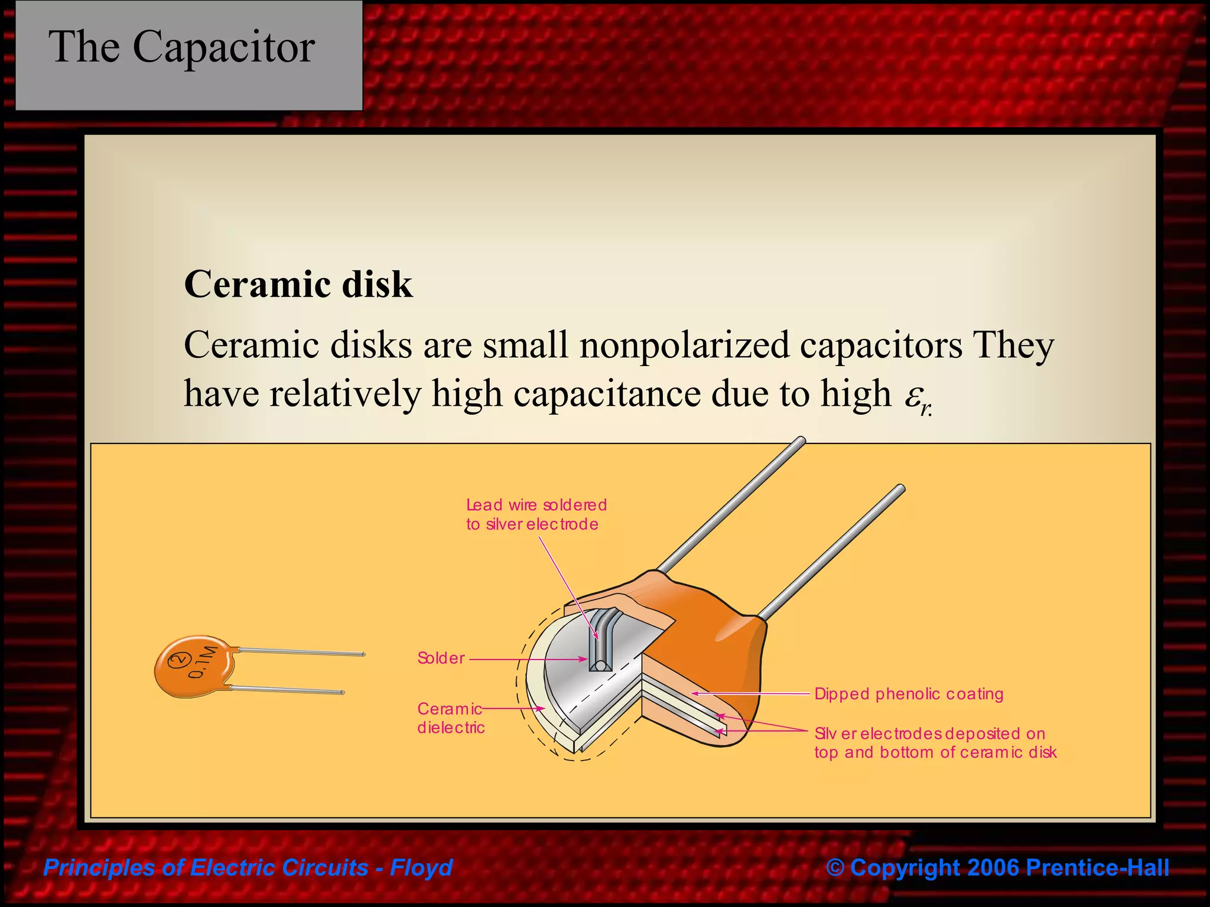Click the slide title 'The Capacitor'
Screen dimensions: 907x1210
point(181,47)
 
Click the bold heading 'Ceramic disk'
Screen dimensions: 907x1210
point(298,285)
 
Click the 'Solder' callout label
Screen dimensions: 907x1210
point(441,658)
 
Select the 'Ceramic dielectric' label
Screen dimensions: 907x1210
point(450,718)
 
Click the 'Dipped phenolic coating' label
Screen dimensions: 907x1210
point(909,694)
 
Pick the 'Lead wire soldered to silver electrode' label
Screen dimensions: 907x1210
point(536,514)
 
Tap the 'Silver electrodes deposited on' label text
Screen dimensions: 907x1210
point(929,734)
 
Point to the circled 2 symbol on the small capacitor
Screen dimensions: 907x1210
point(178,660)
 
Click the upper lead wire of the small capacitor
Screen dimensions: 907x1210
point(301,652)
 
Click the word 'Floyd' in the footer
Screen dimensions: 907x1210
point(421,867)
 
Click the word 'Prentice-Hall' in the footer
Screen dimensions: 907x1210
point(1098,867)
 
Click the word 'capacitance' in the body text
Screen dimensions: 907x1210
point(606,394)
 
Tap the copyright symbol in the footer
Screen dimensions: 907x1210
point(835,867)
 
